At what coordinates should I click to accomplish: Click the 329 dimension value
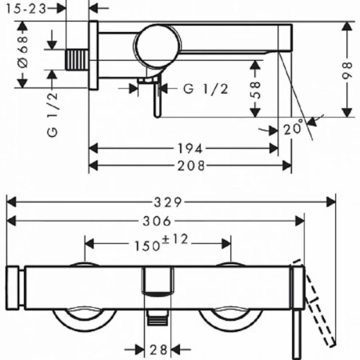[x=168, y=202]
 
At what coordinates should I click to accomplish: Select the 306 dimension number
[x=157, y=221]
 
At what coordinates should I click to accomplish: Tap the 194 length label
[x=190, y=149]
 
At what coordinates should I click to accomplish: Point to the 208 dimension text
[x=191, y=166]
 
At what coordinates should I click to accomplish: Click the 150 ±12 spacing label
[x=161, y=243]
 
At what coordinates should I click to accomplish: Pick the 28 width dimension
[x=158, y=350]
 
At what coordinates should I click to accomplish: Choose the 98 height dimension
[x=347, y=70]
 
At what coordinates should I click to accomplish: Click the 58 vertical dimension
[x=255, y=90]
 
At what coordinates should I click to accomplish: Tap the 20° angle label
[x=294, y=128]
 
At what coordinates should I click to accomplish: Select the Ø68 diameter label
[x=23, y=52]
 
